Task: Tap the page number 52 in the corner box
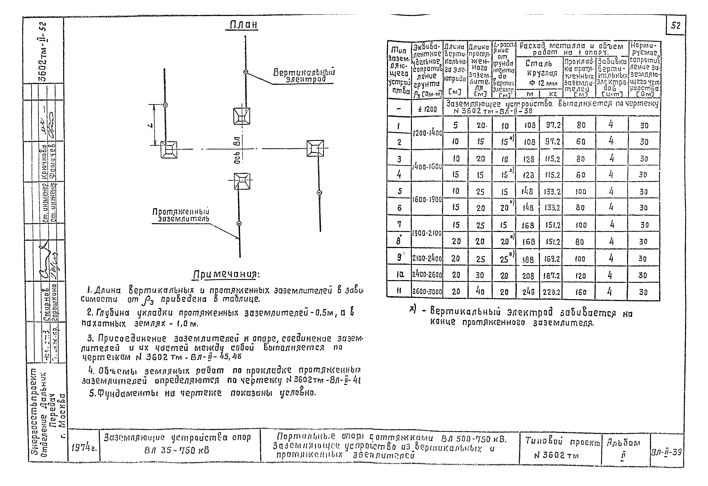pos(676,25)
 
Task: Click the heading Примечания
pos(226,275)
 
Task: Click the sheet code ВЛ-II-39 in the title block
pos(666,452)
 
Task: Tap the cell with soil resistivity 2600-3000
pos(427,292)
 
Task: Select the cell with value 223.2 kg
pos(551,292)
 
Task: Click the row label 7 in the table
pos(399,224)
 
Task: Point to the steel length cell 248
pos(528,292)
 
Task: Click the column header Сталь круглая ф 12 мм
pos(539,73)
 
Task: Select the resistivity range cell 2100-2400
pos(427,258)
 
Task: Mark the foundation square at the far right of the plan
pos(315,149)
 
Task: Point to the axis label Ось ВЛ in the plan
pos(237,149)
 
